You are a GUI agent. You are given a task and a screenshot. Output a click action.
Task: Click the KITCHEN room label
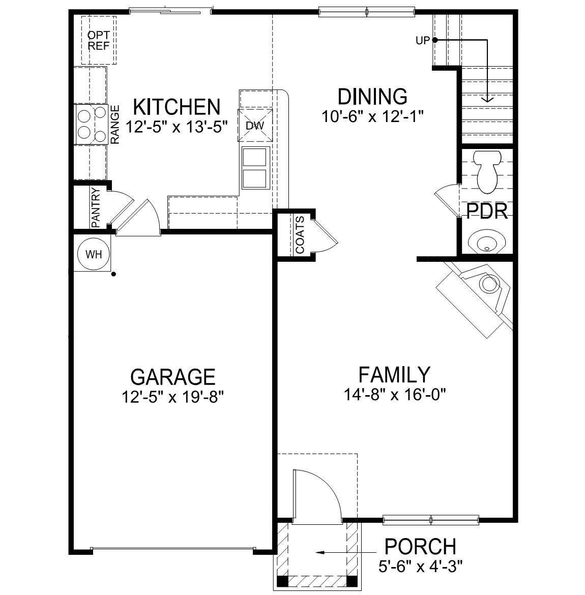pyautogui.click(x=177, y=107)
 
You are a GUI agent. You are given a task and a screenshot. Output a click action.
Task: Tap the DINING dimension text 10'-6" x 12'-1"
pyautogui.click(x=373, y=116)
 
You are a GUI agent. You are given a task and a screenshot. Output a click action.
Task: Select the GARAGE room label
pyautogui.click(x=173, y=377)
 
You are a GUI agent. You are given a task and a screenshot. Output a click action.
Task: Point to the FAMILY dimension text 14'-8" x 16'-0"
pyautogui.click(x=395, y=394)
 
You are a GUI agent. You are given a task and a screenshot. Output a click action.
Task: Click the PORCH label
pyautogui.click(x=420, y=547)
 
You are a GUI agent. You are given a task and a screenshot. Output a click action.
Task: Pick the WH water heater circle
pyautogui.click(x=94, y=255)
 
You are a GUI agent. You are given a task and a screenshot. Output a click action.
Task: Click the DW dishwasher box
pyautogui.click(x=255, y=125)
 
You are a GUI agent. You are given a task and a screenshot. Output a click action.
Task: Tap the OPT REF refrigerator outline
pyautogui.click(x=99, y=41)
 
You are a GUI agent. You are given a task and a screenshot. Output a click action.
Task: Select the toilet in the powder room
pyautogui.click(x=487, y=172)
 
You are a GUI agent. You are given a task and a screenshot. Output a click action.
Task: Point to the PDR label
pyautogui.click(x=487, y=212)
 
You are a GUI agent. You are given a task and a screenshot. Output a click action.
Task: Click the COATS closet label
pyautogui.click(x=300, y=235)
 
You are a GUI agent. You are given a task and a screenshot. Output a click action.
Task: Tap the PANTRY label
pyautogui.click(x=95, y=207)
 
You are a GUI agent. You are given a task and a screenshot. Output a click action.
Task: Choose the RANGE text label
pyautogui.click(x=115, y=125)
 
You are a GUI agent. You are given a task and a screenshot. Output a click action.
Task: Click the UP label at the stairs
pyautogui.click(x=423, y=41)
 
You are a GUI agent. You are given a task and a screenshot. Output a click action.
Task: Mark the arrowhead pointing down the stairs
pyautogui.click(x=487, y=99)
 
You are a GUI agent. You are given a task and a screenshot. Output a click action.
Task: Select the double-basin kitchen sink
pyautogui.click(x=255, y=167)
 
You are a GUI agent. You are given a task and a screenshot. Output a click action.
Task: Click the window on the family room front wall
pyautogui.click(x=430, y=520)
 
